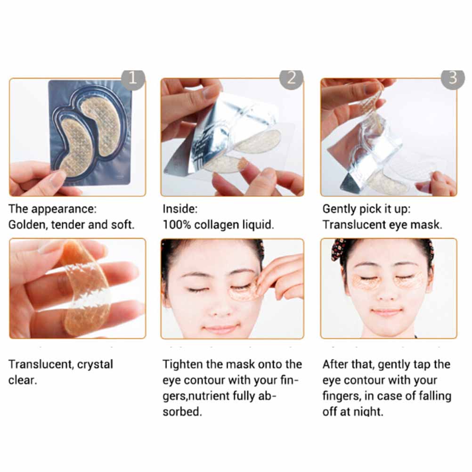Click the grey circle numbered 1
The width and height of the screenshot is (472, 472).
coord(133,79)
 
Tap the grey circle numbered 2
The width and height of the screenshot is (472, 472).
coord(291,79)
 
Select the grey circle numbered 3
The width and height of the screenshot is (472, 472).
coord(453,79)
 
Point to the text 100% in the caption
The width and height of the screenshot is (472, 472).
coord(177,225)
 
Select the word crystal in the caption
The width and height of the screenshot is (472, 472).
coord(95,365)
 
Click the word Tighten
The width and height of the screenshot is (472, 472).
coord(183,365)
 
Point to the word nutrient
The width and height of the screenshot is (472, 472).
coord(209,396)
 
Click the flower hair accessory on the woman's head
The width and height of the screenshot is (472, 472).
coord(338,250)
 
